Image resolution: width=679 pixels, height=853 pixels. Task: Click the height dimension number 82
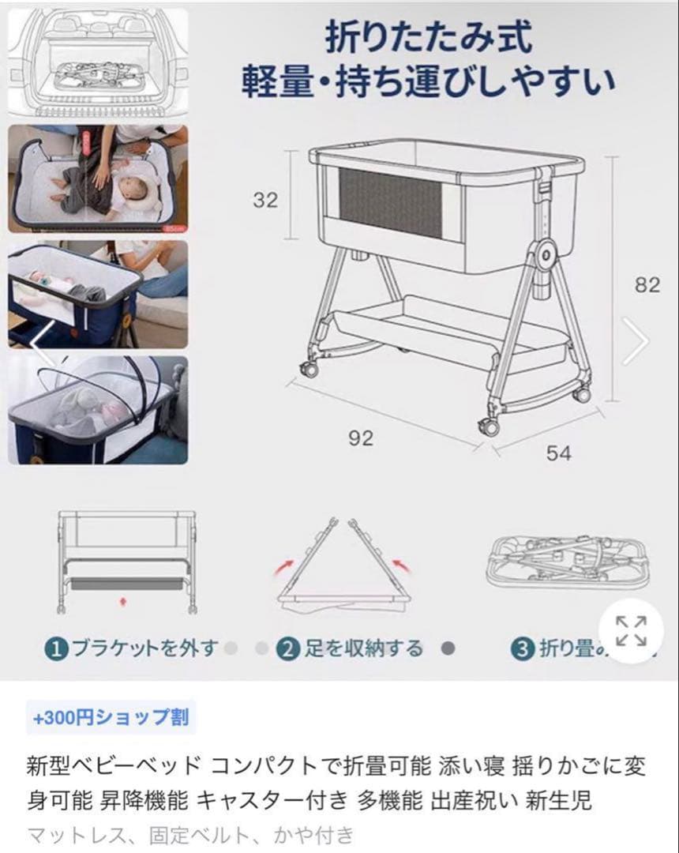click(647, 284)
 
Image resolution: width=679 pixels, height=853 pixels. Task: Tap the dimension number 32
click(265, 200)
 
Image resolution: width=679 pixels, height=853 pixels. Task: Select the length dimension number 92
click(360, 438)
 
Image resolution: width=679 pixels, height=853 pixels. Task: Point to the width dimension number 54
click(558, 453)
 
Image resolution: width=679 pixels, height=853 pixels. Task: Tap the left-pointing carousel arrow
click(43, 341)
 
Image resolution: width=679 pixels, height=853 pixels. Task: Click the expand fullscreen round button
click(630, 629)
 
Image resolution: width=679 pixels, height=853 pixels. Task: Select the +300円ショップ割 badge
click(111, 717)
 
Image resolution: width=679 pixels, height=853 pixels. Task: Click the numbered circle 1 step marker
click(55, 649)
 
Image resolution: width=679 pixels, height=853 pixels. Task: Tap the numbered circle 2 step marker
click(289, 649)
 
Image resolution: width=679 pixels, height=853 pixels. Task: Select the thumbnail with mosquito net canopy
click(98, 410)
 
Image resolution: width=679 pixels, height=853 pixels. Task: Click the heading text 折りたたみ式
click(428, 38)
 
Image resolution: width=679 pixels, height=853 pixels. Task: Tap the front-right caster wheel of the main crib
click(489, 427)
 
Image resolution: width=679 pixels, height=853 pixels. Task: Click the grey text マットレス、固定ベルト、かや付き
click(190, 834)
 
